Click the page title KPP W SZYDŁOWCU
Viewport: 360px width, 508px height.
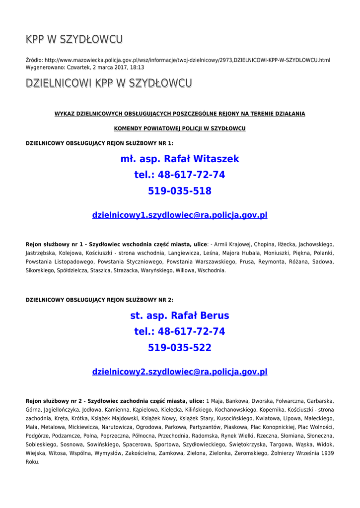point(74,39)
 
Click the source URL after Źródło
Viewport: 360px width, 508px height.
point(187,60)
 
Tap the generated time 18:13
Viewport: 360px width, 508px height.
point(138,67)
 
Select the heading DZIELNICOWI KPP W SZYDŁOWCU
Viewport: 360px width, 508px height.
point(109,83)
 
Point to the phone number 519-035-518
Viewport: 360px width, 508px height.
point(180,191)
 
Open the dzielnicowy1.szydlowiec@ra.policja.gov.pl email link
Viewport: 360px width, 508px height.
point(180,215)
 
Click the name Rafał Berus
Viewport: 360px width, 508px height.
point(200,316)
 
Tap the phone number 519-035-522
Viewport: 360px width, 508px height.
point(180,348)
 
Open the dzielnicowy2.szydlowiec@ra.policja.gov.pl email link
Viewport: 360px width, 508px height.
point(180,372)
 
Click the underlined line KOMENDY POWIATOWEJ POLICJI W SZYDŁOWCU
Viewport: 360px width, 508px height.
point(180,128)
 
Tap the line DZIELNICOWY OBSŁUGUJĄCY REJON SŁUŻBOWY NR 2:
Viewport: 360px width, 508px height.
point(99,300)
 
